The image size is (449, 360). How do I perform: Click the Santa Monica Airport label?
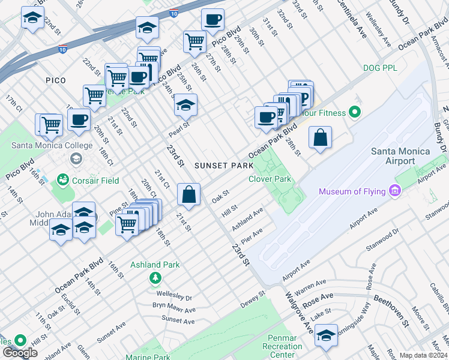(x=400, y=156)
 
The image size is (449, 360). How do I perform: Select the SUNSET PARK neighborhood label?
(x=219, y=164)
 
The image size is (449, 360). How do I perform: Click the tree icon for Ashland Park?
(x=155, y=277)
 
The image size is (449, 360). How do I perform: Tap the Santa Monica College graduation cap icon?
(x=76, y=158)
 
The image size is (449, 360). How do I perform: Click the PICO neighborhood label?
(x=55, y=80)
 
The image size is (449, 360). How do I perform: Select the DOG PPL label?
(x=381, y=68)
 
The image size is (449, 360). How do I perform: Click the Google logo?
(x=20, y=353)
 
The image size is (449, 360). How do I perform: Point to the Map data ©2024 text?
(x=423, y=355)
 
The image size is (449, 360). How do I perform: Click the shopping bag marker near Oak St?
(x=189, y=194)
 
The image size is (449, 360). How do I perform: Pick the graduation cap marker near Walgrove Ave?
(x=326, y=335)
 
